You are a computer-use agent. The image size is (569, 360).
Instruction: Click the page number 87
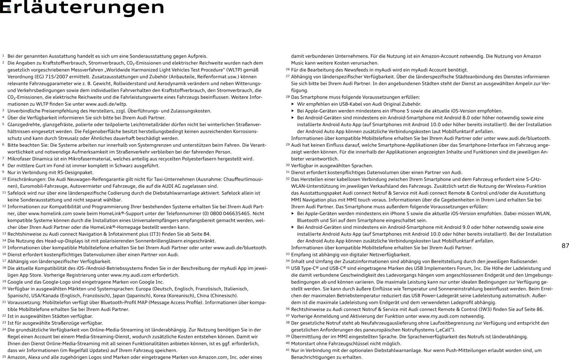(565, 246)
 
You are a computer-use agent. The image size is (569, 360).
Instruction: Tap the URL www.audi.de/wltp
(106, 104)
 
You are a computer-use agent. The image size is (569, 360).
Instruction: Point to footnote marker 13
(4, 234)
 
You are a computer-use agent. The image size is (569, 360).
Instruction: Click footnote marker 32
(287, 179)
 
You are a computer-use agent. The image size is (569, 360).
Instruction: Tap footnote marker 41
(287, 350)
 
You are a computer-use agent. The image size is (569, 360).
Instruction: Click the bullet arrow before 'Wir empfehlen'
(293, 104)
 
